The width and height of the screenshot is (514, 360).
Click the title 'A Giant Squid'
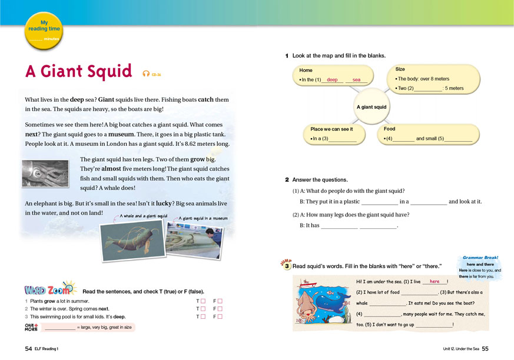tap(79, 72)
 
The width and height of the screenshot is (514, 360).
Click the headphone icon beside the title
tap(146, 74)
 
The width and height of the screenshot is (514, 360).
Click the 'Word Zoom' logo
tap(49, 290)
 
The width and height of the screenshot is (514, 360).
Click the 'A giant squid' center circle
tap(372, 107)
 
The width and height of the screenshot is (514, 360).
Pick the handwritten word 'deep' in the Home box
tap(332, 79)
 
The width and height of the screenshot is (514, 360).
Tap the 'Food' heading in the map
tap(389, 129)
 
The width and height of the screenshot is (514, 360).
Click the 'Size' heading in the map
tap(400, 69)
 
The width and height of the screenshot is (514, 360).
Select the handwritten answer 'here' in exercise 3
tap(435, 282)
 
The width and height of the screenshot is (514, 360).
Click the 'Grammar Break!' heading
tap(480, 258)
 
